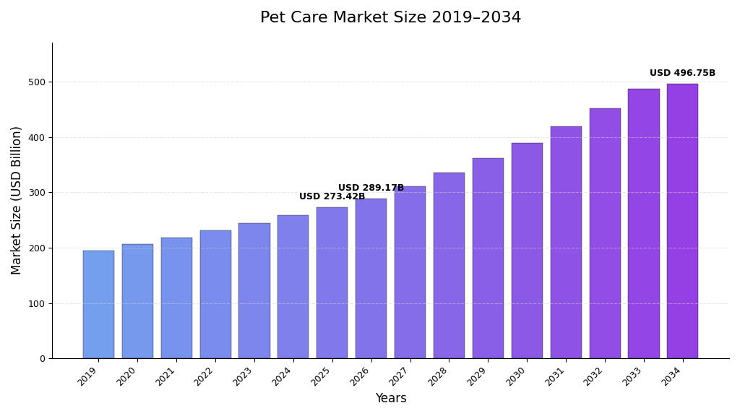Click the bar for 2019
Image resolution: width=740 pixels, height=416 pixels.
[98, 305]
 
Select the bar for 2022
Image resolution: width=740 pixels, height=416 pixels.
[215, 295]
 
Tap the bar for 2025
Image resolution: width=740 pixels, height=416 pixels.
[332, 283]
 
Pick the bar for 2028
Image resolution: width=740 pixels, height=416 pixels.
[449, 266]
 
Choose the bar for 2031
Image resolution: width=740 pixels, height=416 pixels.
[566, 243]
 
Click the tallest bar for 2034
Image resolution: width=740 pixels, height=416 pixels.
[682, 221]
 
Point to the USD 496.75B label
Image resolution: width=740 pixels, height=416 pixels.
[682, 73]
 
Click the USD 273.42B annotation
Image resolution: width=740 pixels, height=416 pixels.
[332, 196]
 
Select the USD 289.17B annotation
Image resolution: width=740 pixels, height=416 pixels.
[371, 188]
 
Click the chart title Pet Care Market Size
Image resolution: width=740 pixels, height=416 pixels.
[390, 17]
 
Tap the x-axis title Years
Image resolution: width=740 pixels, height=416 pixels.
[390, 399]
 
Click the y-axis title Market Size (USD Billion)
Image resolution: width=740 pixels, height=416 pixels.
[17, 200]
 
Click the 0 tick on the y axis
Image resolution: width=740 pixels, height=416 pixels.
[43, 359]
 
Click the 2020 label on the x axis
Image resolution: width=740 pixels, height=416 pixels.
[127, 376]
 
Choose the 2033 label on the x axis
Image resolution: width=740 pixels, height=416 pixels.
[634, 376]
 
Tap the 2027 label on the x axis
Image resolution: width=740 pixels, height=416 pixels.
[400, 376]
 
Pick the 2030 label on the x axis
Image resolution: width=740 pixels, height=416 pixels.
[517, 376]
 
